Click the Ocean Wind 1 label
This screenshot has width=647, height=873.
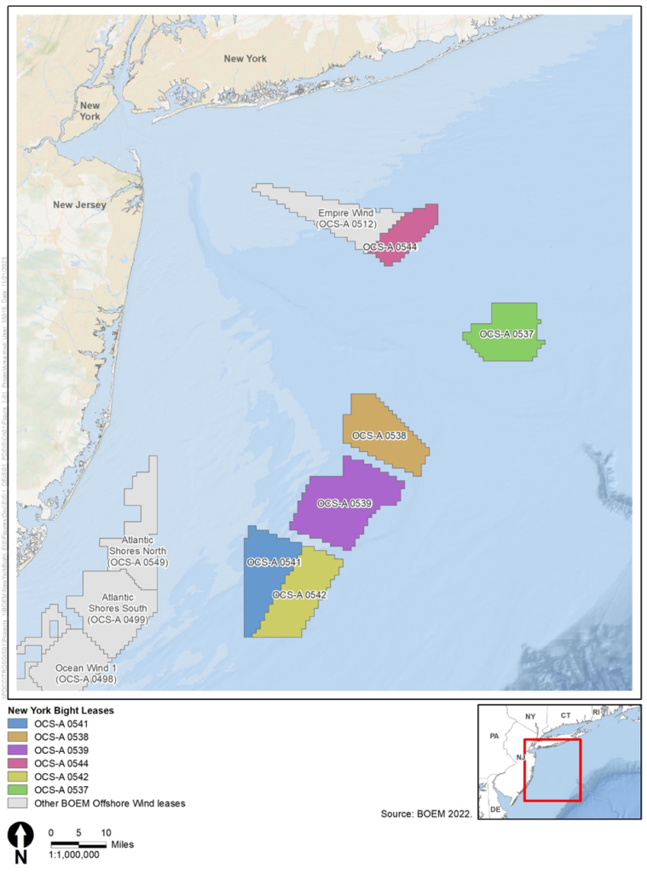click(x=85, y=674)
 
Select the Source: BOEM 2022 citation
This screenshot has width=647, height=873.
click(x=426, y=815)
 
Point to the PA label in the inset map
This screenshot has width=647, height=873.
click(x=494, y=735)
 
